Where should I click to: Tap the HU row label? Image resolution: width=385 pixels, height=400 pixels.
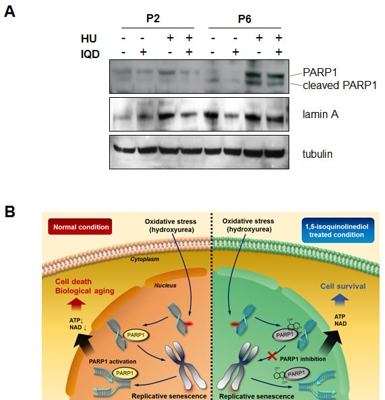pyautogui.click(x=88, y=38)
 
